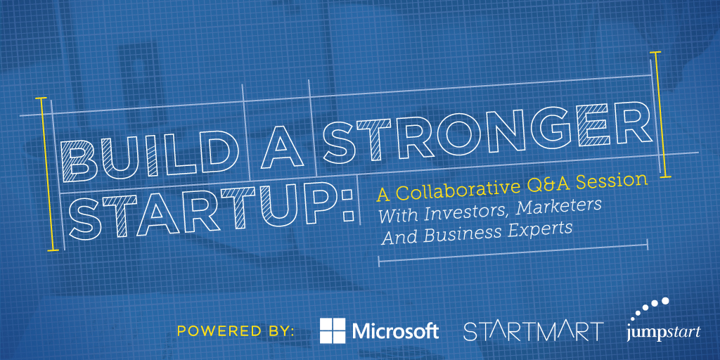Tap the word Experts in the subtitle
[x=536, y=229]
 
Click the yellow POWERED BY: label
[x=236, y=332]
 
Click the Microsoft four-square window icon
[x=333, y=330]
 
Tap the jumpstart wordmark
[x=664, y=333]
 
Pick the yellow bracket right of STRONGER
[x=661, y=115]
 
